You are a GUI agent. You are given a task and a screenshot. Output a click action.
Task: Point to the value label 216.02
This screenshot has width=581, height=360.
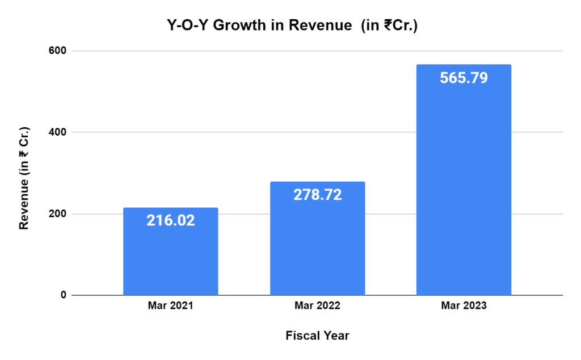pos(171,220)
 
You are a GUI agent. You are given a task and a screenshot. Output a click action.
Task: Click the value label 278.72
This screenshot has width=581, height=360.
pos(317,195)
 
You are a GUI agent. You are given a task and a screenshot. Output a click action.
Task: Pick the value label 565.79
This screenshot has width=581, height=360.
pos(464,77)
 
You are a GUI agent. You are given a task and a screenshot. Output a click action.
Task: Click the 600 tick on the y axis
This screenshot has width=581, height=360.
pos(59,51)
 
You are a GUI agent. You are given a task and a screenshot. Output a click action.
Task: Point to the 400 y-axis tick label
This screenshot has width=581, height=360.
pos(59,132)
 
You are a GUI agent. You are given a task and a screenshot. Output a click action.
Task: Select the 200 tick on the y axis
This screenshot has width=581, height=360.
pos(59,214)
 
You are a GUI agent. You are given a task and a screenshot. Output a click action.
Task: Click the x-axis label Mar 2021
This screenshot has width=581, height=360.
pos(170,306)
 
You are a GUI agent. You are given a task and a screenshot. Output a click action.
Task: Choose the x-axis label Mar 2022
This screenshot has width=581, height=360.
pos(317,306)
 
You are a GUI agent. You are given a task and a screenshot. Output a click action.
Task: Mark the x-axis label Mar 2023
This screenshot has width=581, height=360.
pos(464,306)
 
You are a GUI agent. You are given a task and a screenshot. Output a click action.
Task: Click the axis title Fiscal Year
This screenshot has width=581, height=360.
pos(317,336)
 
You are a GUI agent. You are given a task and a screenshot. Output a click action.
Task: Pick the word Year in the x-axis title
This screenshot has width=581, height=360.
pos(336,336)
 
